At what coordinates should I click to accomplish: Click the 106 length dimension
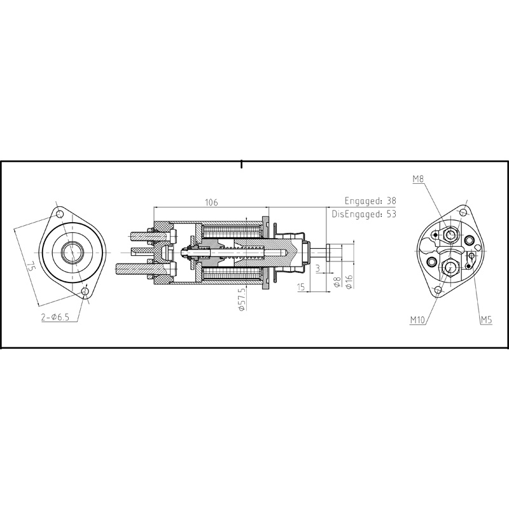point(211,202)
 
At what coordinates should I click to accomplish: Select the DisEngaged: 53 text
point(363,214)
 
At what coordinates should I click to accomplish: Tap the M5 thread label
point(486,321)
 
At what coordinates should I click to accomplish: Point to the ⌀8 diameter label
point(337,282)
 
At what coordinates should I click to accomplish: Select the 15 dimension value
point(301,288)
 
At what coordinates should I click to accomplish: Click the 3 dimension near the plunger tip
point(317,268)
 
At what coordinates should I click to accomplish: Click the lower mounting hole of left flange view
point(85,292)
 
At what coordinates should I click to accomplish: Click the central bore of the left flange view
point(71,253)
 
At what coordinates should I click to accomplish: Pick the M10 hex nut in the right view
point(449,267)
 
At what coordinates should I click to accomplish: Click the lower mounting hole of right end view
point(437,291)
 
